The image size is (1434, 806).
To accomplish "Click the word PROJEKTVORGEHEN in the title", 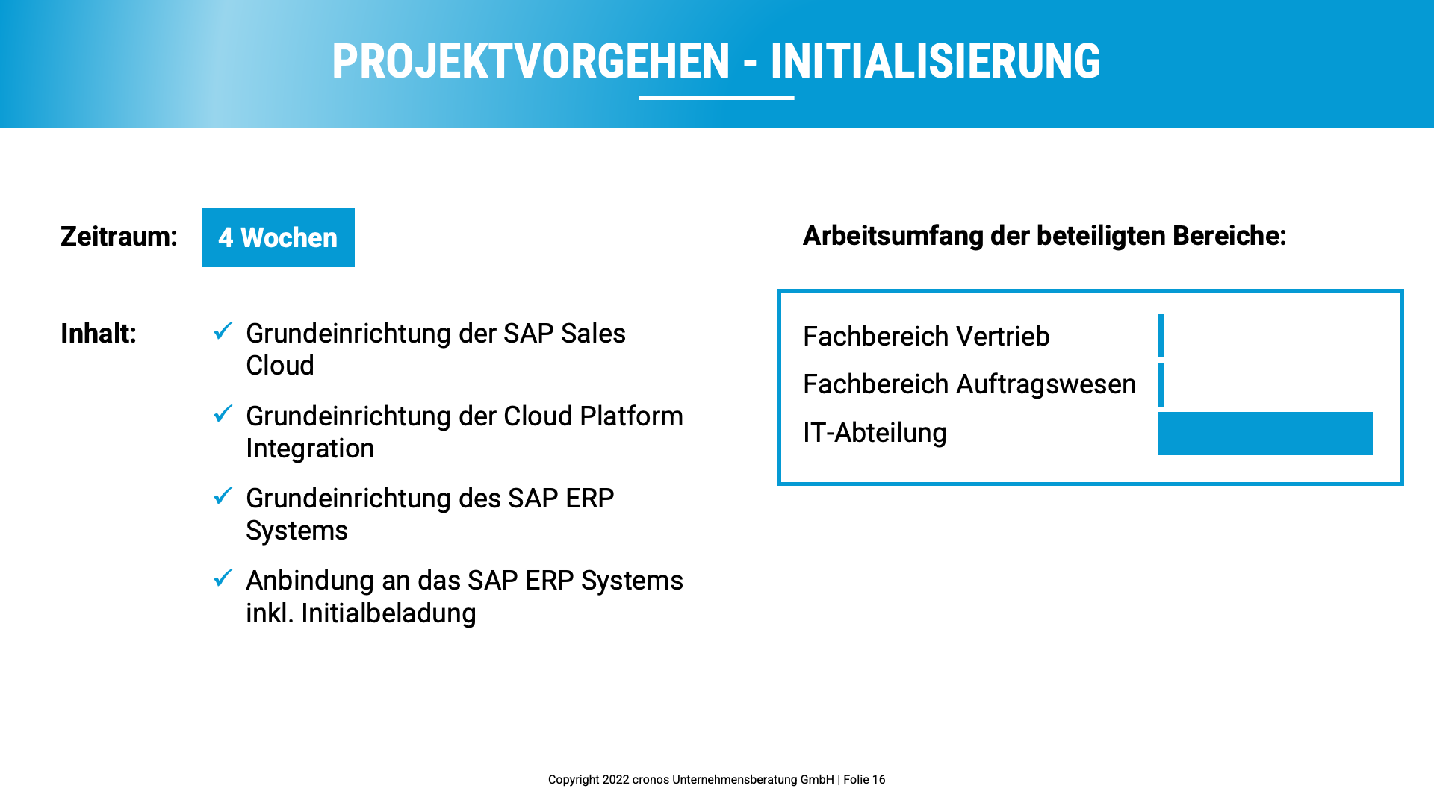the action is pyautogui.click(x=531, y=61).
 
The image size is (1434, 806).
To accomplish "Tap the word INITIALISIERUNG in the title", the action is pyautogui.click(x=935, y=61).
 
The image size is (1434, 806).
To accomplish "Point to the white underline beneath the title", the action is pyautogui.click(x=716, y=98).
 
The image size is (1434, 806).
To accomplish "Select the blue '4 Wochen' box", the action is pyautogui.click(x=278, y=237).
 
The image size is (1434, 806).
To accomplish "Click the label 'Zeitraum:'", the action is pyautogui.click(x=119, y=237).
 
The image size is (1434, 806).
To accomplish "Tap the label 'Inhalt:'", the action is pyautogui.click(x=99, y=334).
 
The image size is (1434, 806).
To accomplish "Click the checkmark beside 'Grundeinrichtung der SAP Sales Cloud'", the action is pyautogui.click(x=223, y=331).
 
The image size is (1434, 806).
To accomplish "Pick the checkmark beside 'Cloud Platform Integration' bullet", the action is pyautogui.click(x=223, y=413).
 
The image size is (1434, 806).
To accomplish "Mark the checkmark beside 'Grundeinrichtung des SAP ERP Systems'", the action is pyautogui.click(x=223, y=496).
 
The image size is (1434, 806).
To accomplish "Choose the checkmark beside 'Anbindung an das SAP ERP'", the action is pyautogui.click(x=223, y=578).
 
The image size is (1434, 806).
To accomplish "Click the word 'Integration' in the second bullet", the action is pyautogui.click(x=310, y=449).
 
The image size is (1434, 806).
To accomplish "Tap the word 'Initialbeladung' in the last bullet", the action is pyautogui.click(x=388, y=613).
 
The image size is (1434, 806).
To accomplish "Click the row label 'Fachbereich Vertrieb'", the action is pyautogui.click(x=926, y=337).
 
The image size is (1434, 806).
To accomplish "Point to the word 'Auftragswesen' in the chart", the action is pyautogui.click(x=1046, y=384).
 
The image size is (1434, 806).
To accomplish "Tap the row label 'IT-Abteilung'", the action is pyautogui.click(x=875, y=433).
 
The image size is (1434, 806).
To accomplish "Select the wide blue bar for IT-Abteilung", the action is pyautogui.click(x=1265, y=434).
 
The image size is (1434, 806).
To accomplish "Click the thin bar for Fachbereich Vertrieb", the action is pyautogui.click(x=1161, y=336).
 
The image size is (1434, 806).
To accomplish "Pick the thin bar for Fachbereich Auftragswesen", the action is pyautogui.click(x=1161, y=385).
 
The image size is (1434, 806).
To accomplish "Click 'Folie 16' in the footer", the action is pyautogui.click(x=864, y=780).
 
